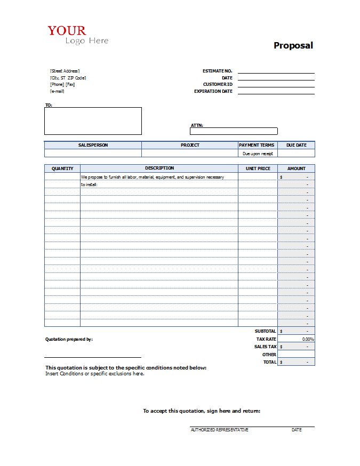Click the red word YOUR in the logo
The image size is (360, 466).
(67, 31)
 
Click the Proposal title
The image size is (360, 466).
(293, 45)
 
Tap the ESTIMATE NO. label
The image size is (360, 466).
(217, 71)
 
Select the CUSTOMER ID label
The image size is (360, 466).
(218, 84)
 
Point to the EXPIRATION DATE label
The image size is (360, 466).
(213, 91)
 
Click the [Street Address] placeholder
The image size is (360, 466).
(65, 71)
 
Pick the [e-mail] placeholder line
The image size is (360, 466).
(57, 91)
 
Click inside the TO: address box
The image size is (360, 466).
(93, 121)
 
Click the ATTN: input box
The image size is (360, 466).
(234, 131)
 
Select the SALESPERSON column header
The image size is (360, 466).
(93, 145)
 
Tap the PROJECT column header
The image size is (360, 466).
(190, 145)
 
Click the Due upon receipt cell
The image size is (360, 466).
(258, 154)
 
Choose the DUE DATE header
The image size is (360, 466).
(297, 145)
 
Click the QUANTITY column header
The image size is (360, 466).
(62, 168)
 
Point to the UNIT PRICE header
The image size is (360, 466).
(258, 168)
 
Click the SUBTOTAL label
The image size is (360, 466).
(265, 331)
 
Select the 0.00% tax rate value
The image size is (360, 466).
(308, 339)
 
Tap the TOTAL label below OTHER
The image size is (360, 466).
(269, 362)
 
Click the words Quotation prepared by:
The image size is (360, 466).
(69, 339)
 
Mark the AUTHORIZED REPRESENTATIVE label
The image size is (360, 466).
(219, 430)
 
